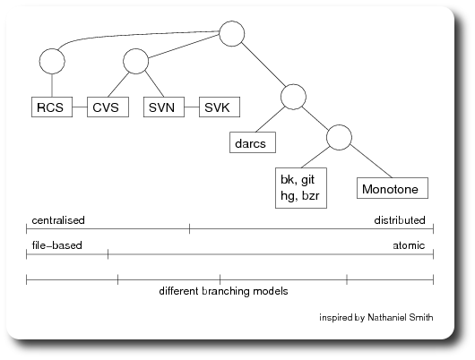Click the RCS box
52,107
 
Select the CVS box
108,107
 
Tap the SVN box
164,107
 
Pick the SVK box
220,107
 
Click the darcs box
253,142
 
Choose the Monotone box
393,188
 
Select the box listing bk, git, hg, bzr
301,188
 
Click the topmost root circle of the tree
232,34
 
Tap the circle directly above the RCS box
52,61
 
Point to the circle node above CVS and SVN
135,61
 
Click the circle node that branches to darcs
293,97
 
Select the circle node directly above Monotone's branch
339,137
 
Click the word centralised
58,220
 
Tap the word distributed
400,220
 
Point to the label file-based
57,245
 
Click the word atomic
409,245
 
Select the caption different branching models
223,291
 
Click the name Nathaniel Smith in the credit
401,317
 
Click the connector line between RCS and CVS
80,107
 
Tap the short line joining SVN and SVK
192,107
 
